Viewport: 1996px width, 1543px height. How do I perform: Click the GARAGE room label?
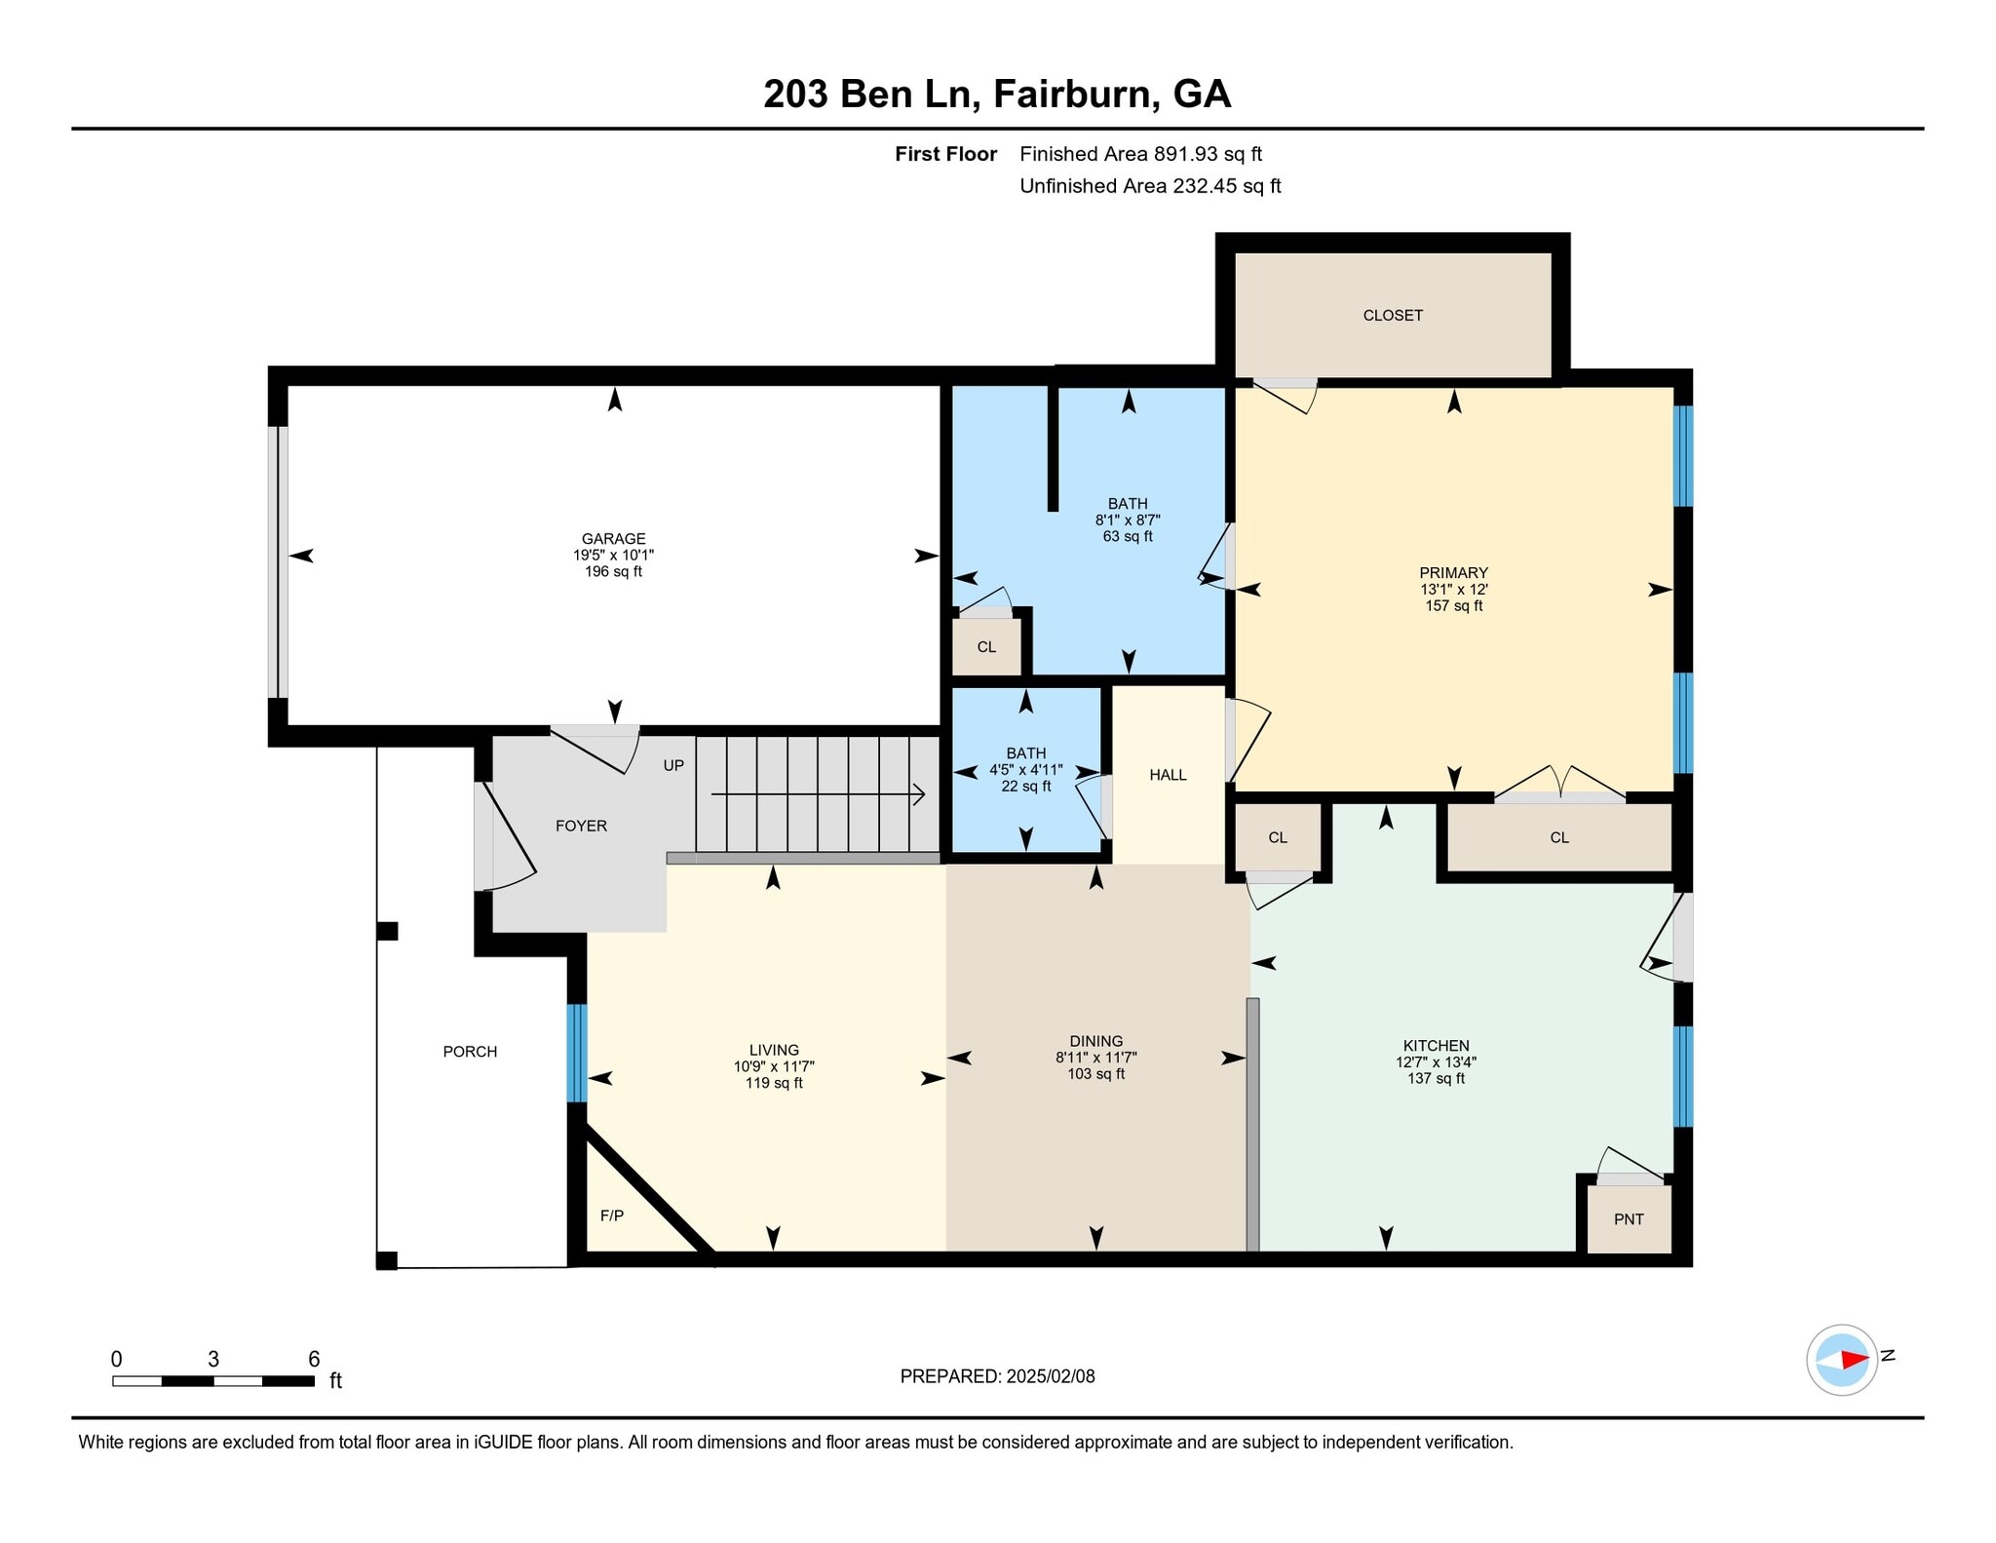613,538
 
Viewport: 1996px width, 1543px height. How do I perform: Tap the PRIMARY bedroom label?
1453,572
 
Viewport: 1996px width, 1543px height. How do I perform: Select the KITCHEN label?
1436,1046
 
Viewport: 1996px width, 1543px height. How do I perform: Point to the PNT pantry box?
1629,1218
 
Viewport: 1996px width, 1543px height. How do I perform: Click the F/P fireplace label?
611,1215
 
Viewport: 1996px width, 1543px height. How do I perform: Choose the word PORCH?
470,1052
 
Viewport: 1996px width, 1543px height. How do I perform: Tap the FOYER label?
581,826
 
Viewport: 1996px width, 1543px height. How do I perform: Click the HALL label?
1168,775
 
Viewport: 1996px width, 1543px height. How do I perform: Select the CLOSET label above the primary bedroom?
1393,315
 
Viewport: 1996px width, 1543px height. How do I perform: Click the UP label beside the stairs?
673,765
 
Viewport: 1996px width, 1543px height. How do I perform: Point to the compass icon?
1841,1359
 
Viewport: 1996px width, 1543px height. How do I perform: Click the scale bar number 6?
314,1359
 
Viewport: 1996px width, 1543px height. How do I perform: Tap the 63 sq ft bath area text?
1128,536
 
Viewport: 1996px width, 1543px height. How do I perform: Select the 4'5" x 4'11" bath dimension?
1025,769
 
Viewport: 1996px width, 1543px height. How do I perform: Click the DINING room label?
1095,1041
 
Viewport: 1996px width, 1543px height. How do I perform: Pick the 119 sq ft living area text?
774,1083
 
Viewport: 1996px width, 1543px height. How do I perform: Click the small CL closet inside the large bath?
986,646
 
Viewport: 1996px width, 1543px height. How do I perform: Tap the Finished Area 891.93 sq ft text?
1140,154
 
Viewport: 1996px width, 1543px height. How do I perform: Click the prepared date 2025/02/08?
1051,1376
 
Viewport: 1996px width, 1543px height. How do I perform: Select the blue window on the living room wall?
577,1053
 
